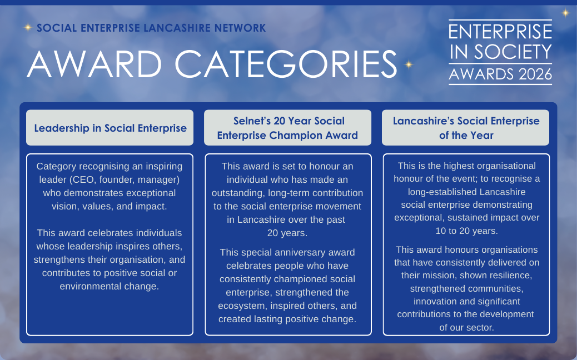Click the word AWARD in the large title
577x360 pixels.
pyautogui.click(x=94, y=64)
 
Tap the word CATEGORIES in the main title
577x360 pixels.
pyautogui.click(x=286, y=64)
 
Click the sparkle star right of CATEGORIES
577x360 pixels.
pyautogui.click(x=409, y=64)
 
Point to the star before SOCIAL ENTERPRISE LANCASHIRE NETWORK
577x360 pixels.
pyautogui.click(x=28, y=27)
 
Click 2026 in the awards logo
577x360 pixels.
pyautogui.click(x=535, y=74)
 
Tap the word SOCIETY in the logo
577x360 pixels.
pyautogui.click(x=513, y=52)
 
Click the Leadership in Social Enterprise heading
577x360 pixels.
pyautogui.click(x=111, y=128)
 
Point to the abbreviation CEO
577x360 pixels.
pyautogui.click(x=83, y=179)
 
